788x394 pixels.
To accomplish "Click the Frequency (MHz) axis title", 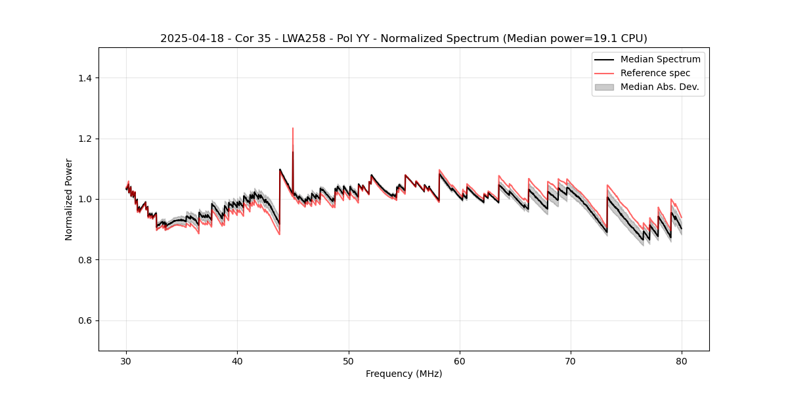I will [404, 374].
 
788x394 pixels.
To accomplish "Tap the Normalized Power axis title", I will [69, 199].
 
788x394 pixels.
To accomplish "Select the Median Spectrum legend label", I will [660, 59].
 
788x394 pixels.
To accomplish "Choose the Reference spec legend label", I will [655, 73].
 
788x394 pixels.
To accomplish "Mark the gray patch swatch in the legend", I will [604, 87].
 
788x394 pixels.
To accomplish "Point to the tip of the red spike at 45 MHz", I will [293, 128].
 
